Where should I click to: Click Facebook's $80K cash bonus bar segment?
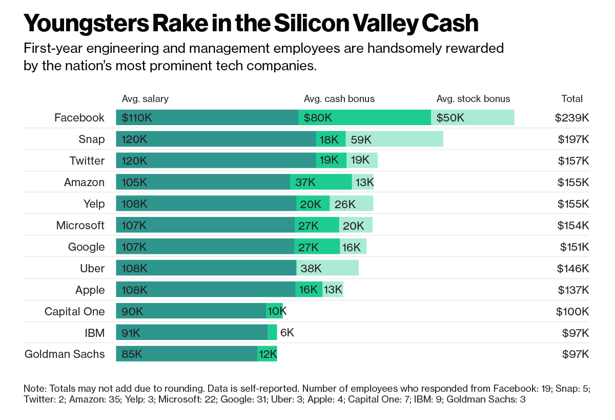364,117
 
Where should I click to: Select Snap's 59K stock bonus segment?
394,139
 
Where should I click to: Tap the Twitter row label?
87,161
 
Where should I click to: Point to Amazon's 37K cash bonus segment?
321,182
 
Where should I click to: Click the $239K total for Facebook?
571,117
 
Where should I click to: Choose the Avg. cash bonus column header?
339,98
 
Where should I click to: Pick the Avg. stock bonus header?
473,98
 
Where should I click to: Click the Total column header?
572,98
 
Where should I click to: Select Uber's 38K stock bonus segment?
327,268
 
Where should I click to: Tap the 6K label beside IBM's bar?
287,332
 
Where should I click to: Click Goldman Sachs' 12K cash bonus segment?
268,354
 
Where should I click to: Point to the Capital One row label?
74,311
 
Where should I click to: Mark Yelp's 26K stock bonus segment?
351,204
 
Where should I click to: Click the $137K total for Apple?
573,290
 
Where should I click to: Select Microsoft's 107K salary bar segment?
205,225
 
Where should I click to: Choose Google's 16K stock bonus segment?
353,247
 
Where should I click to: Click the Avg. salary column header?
145,98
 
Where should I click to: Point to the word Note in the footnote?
34,388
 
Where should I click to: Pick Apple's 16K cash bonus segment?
309,290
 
